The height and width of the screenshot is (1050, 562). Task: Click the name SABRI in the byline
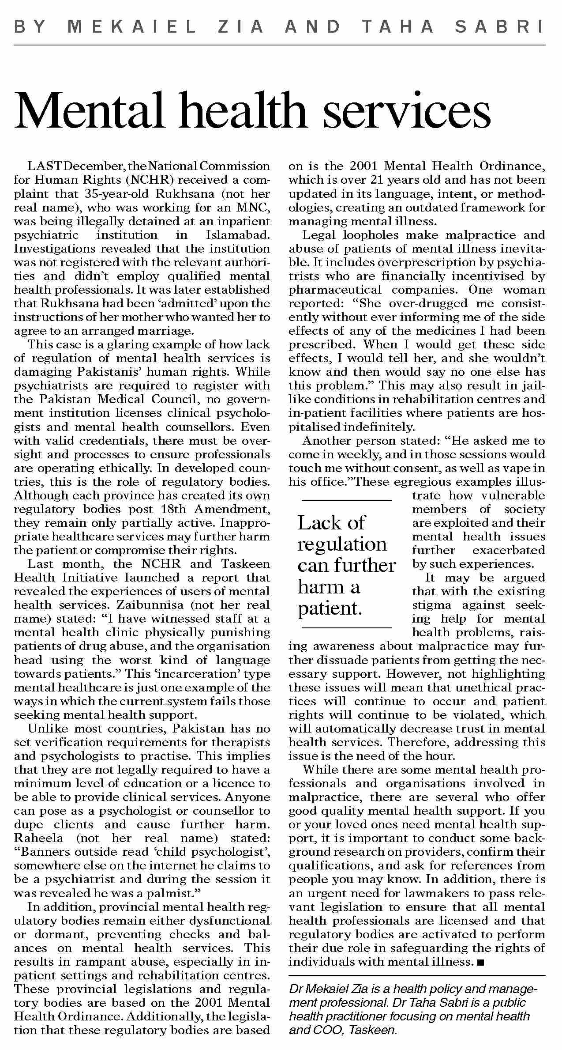coord(500,27)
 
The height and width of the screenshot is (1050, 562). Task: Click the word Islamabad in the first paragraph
coord(238,235)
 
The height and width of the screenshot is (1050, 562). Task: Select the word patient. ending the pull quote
coord(330,608)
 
